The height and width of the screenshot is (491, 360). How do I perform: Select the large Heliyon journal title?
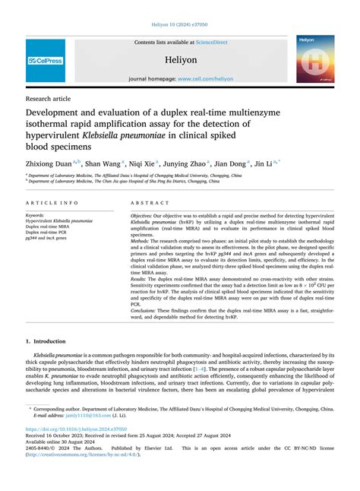coord(179,58)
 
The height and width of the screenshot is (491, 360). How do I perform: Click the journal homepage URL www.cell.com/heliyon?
coord(202,78)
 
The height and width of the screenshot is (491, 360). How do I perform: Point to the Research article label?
coord(49,98)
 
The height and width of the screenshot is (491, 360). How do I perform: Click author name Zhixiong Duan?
coord(49,163)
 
